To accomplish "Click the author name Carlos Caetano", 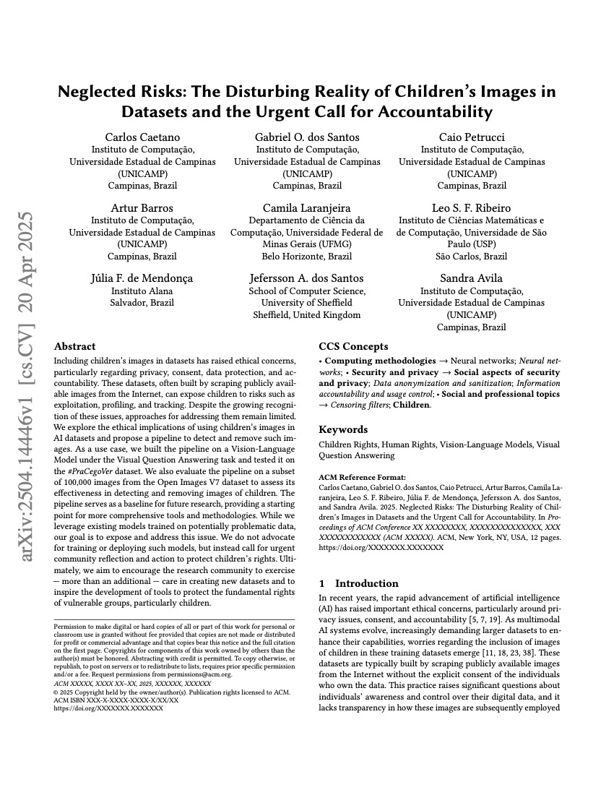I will pyautogui.click(x=142, y=137).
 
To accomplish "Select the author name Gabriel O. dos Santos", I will pyautogui.click(x=307, y=137).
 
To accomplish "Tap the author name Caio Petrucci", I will pyautogui.click(x=472, y=137).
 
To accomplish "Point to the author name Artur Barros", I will pyautogui.click(x=142, y=208).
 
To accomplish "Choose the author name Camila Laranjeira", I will pyautogui.click(x=307, y=208).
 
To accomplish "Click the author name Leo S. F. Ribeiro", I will pyautogui.click(x=472, y=208).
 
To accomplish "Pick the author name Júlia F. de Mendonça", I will pyautogui.click(x=142, y=278).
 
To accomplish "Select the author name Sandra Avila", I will pyautogui.click(x=472, y=278).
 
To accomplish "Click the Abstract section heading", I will pyautogui.click(x=75, y=346).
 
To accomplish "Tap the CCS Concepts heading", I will pyautogui.click(x=353, y=346).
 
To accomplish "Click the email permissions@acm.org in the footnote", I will pyautogui.click(x=204, y=674).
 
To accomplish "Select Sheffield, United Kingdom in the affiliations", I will pyautogui.click(x=307, y=314).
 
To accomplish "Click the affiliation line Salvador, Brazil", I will pyautogui.click(x=142, y=303).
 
